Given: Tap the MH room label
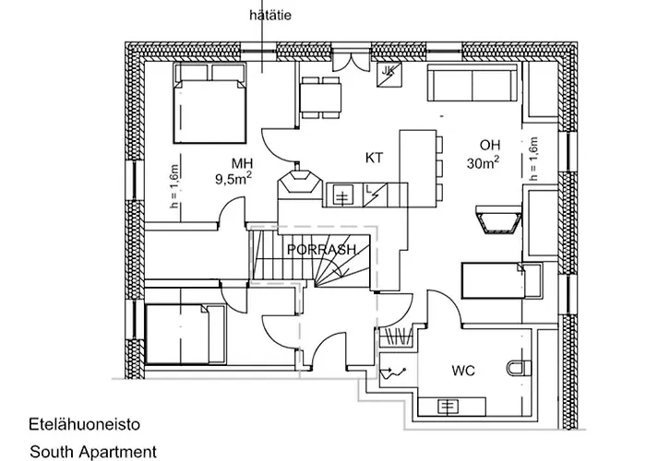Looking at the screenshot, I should point(243,163).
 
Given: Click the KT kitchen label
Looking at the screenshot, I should point(374,159).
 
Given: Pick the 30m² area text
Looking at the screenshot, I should point(483,164).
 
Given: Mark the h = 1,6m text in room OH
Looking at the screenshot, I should point(532,156).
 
